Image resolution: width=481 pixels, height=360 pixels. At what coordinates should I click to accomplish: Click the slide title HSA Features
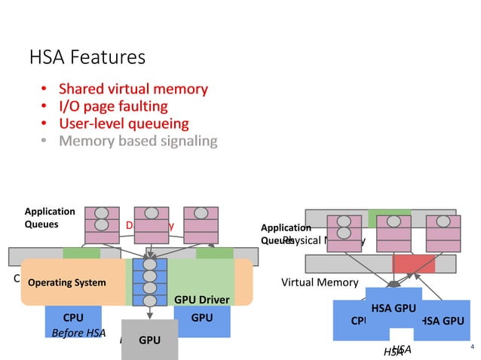tap(87, 57)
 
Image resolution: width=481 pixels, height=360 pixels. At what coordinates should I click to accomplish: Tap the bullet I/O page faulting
tap(112, 106)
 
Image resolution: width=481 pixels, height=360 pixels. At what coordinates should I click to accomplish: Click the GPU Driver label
tap(201, 300)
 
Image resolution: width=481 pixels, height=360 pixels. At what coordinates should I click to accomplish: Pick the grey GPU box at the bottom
tap(150, 340)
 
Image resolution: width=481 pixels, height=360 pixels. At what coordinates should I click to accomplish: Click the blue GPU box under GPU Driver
tap(202, 318)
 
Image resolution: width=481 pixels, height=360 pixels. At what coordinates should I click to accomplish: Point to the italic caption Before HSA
tap(78, 333)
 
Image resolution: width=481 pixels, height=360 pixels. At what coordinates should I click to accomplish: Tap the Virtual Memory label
tap(319, 282)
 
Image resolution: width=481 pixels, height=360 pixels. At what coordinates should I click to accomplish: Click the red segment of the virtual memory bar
tap(414, 264)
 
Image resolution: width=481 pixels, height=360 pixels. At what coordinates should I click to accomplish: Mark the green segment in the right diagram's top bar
tap(390, 218)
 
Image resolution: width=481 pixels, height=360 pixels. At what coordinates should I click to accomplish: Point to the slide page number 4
tap(471, 347)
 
